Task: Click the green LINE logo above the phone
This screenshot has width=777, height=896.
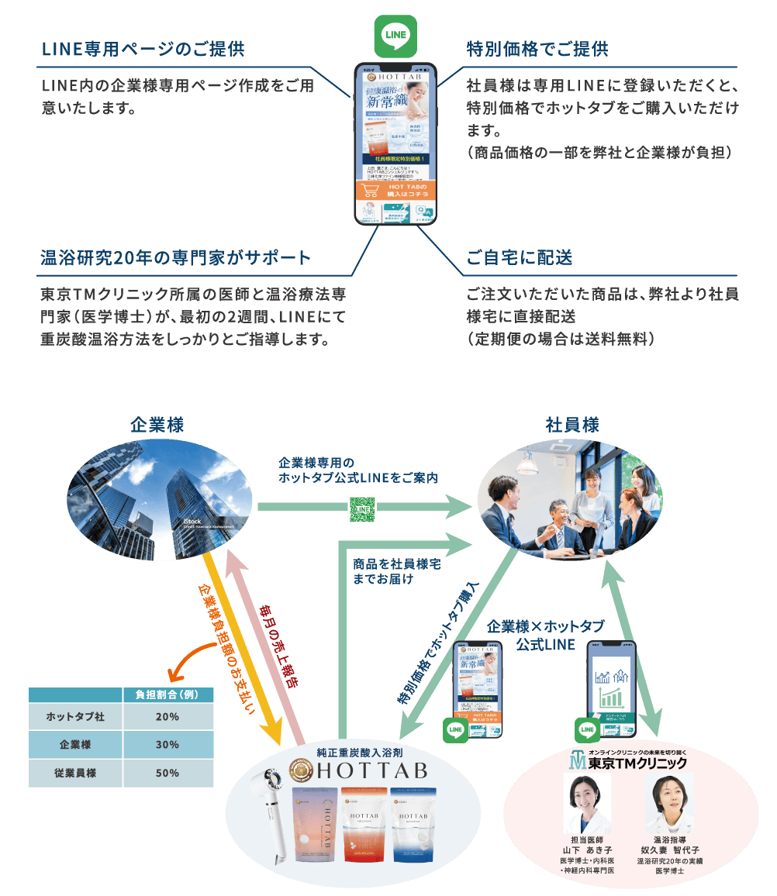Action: [x=395, y=36]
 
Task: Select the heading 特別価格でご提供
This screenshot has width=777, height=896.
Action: [x=537, y=50]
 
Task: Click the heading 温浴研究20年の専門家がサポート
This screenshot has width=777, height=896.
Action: [x=175, y=258]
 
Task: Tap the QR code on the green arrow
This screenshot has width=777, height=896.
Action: [x=362, y=508]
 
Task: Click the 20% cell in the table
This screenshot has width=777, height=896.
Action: [x=167, y=717]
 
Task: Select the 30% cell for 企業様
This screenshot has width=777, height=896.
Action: [x=167, y=745]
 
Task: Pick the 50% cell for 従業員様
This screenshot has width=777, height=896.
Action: [x=167, y=773]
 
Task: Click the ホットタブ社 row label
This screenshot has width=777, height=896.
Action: [x=75, y=717]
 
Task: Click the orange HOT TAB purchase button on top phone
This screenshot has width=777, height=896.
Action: [x=395, y=191]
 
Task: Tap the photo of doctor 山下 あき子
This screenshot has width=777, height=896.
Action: [x=586, y=802]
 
